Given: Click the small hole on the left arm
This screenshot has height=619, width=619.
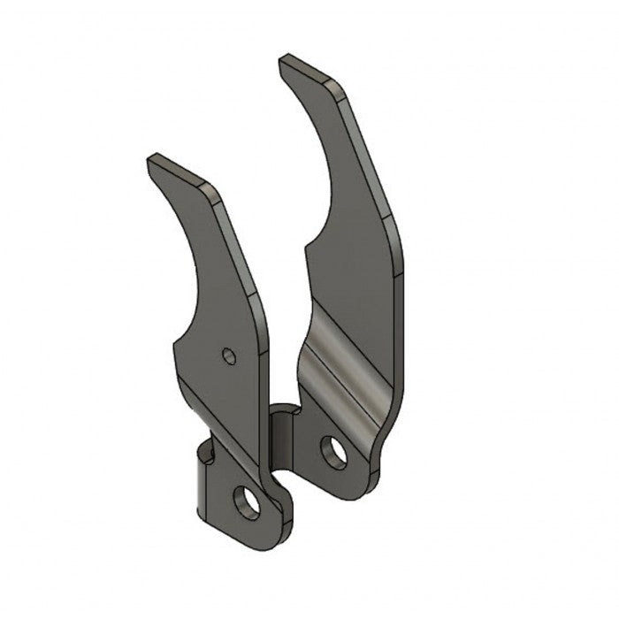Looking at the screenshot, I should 229,355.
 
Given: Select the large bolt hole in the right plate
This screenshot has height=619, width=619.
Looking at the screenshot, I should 333,452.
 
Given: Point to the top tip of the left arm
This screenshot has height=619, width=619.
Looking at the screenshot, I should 153,162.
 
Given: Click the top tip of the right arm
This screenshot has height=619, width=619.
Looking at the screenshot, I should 285,62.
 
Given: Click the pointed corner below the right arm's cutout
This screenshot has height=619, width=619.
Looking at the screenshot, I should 306,248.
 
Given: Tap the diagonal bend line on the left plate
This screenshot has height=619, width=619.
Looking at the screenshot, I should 217,416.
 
